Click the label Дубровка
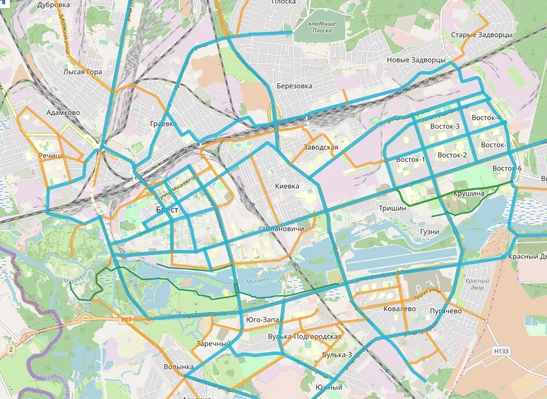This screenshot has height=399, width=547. (53, 5)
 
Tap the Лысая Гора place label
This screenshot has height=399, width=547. (82, 72)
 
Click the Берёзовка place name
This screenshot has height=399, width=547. (294, 86)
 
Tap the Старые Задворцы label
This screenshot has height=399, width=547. (481, 35)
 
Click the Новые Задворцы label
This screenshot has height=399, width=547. (416, 60)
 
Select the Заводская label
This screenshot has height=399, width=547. (321, 147)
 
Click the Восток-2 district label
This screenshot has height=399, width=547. (452, 155)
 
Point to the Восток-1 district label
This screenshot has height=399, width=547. (410, 159)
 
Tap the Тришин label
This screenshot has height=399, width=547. (392, 208)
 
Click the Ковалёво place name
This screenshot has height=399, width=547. (399, 309)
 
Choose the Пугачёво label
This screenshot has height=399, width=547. (445, 311)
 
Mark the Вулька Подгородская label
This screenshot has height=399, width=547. (305, 336)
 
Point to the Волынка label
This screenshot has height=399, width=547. (178, 367)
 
